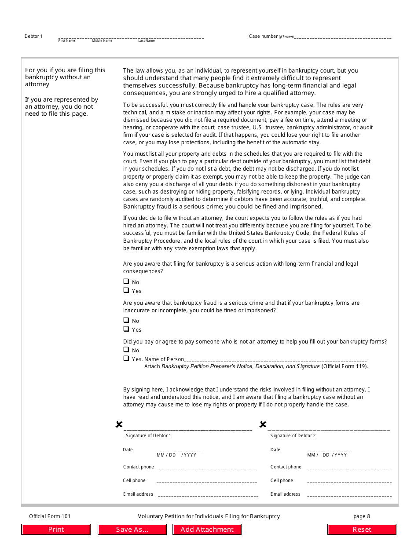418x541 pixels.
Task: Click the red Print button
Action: click(56, 530)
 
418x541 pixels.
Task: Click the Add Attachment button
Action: click(207, 530)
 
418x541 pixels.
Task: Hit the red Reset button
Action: click(362, 530)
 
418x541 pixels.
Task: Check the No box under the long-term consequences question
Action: click(126, 281)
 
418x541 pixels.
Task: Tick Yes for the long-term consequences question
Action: click(126, 290)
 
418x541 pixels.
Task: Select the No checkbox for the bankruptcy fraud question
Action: click(126, 320)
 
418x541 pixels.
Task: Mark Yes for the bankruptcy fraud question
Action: click(126, 329)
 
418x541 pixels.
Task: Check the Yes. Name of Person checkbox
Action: click(126, 358)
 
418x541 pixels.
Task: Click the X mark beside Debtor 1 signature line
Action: click(119, 424)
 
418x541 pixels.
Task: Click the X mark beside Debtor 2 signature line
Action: click(263, 424)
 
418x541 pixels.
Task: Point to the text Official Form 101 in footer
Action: click(50, 516)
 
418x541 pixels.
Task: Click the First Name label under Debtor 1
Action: click(67, 41)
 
